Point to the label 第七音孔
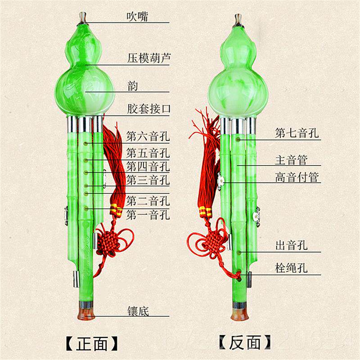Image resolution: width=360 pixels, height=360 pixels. [297, 133]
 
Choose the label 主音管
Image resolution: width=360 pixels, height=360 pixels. [291, 160]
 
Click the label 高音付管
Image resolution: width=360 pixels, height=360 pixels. [297, 177]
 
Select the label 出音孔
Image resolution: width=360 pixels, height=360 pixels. [291, 246]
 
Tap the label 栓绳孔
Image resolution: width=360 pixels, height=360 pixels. [291, 269]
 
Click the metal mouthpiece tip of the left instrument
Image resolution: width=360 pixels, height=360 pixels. [83, 16]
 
